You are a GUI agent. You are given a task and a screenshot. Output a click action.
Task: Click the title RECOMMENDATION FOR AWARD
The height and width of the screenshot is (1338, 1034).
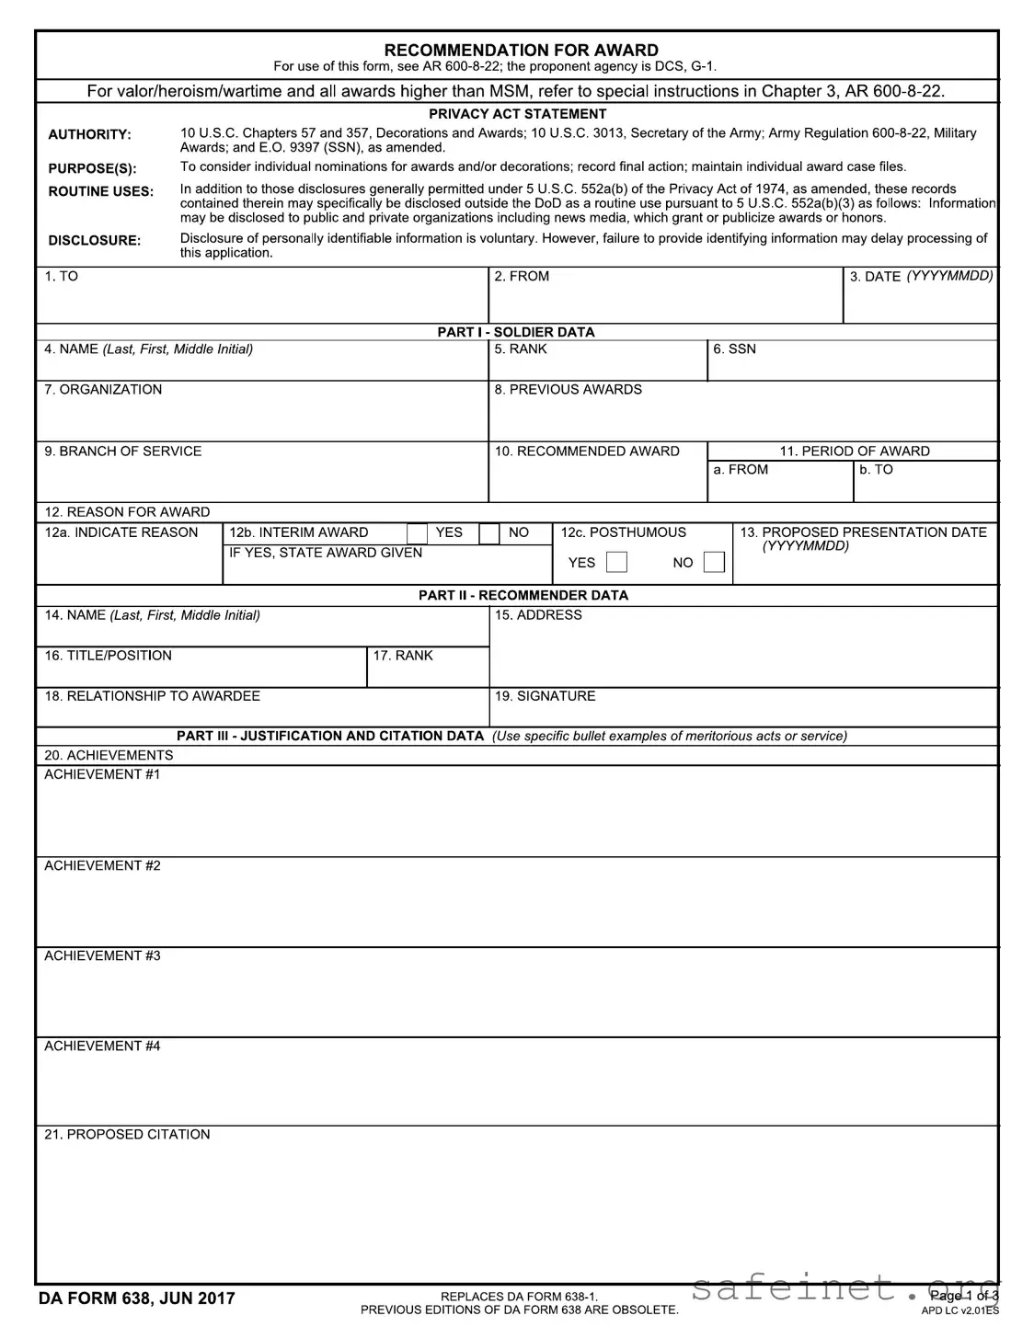tap(521, 51)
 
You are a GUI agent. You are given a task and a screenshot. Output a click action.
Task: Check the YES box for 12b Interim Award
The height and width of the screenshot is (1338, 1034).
tap(417, 533)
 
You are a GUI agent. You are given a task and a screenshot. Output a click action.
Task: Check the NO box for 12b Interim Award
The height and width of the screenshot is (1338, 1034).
tap(489, 533)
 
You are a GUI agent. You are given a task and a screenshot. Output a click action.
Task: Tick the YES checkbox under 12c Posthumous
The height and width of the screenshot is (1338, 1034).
tap(616, 562)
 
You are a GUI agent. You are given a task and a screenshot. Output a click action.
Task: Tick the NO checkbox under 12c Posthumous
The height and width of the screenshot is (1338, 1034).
tap(714, 562)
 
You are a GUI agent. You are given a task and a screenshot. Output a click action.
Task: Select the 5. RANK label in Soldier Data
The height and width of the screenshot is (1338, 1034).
tap(521, 349)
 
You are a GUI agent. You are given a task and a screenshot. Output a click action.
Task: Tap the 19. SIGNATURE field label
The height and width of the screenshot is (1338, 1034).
tap(545, 696)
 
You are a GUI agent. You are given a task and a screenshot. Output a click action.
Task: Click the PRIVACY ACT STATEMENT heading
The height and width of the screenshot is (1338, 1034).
tap(518, 114)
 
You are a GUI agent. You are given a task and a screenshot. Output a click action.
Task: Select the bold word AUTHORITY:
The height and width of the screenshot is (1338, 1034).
tap(89, 135)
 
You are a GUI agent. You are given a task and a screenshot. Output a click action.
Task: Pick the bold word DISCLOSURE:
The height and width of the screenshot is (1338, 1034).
tap(94, 241)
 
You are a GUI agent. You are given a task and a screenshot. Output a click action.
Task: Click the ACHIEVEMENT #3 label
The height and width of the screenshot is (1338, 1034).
tap(102, 956)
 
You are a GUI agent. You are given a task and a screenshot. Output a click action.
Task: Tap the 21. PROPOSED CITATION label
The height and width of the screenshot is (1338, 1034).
tap(127, 1135)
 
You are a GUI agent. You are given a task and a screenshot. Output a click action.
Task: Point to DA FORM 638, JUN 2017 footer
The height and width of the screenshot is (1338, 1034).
tap(137, 1298)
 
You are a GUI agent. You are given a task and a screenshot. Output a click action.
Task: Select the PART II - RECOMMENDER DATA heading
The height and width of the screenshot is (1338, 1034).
tap(523, 596)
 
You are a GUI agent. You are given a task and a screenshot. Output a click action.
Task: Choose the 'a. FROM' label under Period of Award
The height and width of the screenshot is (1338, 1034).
tap(741, 470)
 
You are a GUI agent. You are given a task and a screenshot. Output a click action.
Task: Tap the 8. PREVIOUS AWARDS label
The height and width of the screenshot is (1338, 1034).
tap(568, 390)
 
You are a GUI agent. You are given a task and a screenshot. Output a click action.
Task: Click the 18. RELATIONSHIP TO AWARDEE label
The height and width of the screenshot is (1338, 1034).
tap(152, 696)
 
